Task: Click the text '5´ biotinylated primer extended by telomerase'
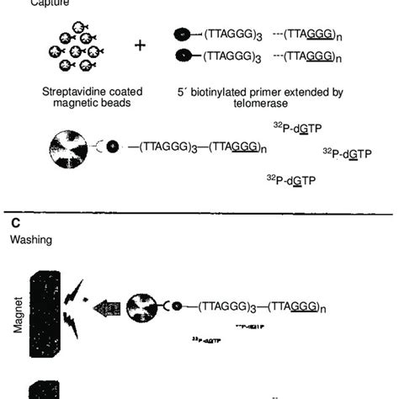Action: coord(263,96)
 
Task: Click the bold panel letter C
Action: coord(15,223)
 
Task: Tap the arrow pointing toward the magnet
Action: coord(107,309)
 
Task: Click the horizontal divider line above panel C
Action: coord(199,213)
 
